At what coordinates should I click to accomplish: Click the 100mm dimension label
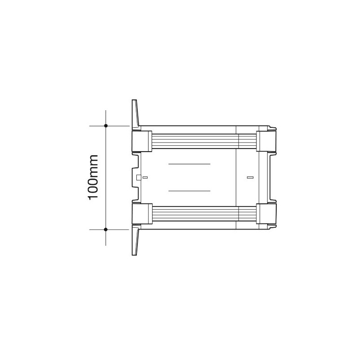(x=94, y=177)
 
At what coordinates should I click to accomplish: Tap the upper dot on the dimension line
(x=106, y=126)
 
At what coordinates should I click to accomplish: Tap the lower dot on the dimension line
(x=106, y=229)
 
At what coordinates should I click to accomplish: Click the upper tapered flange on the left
(x=135, y=113)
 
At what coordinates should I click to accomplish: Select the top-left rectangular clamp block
(x=142, y=141)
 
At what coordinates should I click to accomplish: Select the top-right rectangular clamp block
(x=266, y=141)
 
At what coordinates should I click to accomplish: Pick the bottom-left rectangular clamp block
(x=142, y=214)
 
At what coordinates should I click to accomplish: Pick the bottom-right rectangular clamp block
(x=266, y=214)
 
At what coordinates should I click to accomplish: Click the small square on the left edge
(x=139, y=177)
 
